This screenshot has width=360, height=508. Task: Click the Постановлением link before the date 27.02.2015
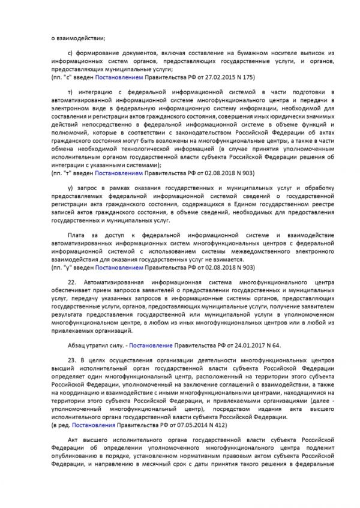click(125, 77)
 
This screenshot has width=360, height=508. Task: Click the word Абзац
click(77, 345)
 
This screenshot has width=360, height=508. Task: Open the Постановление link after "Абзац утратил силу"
click(151, 345)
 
